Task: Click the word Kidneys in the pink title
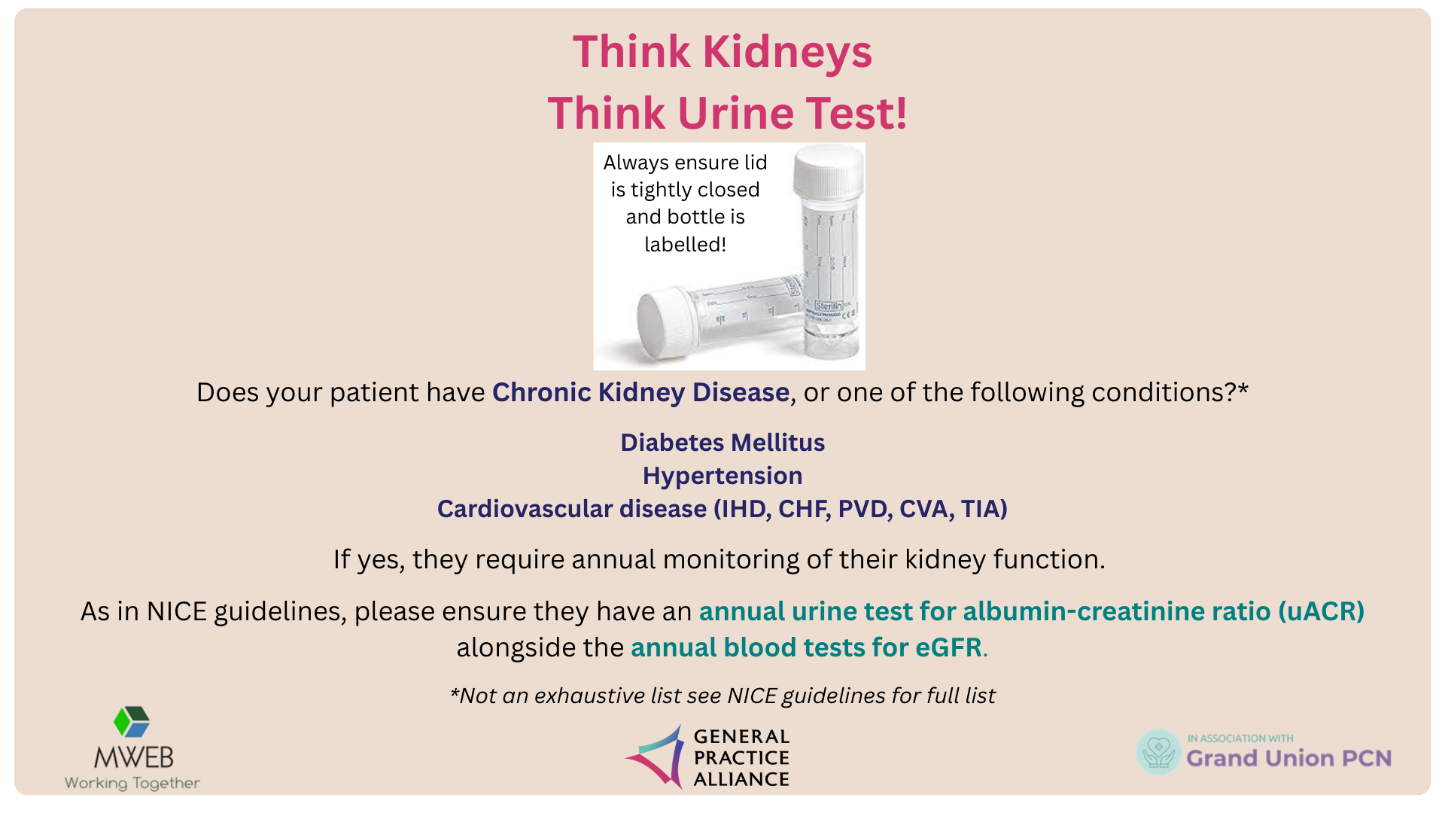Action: click(x=787, y=53)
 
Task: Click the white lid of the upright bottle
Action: click(x=829, y=172)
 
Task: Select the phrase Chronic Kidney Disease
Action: click(x=640, y=392)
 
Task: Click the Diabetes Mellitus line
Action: click(x=722, y=443)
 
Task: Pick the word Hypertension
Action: click(x=722, y=476)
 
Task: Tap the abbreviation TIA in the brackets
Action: click(x=980, y=509)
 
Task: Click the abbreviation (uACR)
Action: click(x=1321, y=611)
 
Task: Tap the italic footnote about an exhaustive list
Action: click(x=722, y=696)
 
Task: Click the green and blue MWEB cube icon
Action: click(x=132, y=721)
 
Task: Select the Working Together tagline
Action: click(x=132, y=783)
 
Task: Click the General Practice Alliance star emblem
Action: click(x=656, y=757)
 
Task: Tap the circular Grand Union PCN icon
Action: click(x=1159, y=752)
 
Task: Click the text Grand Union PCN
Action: click(x=1289, y=758)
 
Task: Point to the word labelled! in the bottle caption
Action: click(x=685, y=245)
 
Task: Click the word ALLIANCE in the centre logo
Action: click(x=741, y=779)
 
